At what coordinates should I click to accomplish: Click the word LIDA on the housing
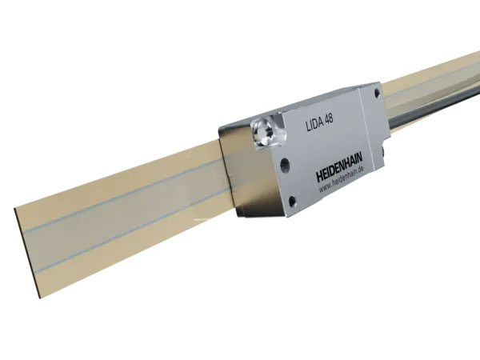click(315, 122)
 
